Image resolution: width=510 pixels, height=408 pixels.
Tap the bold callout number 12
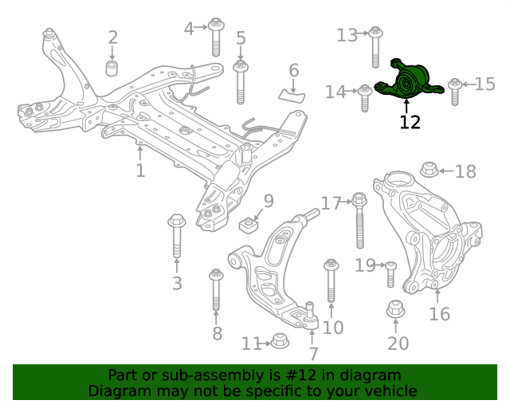point(410,122)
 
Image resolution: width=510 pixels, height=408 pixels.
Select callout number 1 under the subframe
point(140,171)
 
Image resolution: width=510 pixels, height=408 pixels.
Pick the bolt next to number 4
point(215,35)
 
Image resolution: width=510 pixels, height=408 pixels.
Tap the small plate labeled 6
point(292,95)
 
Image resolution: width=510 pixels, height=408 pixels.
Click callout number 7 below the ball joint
point(313,353)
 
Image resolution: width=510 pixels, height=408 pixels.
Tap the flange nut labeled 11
point(279,342)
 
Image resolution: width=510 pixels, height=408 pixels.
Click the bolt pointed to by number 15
point(455,91)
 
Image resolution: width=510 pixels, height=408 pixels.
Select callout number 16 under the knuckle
point(439,314)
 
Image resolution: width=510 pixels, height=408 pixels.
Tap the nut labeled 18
point(429,170)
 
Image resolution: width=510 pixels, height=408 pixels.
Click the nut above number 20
point(396,310)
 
